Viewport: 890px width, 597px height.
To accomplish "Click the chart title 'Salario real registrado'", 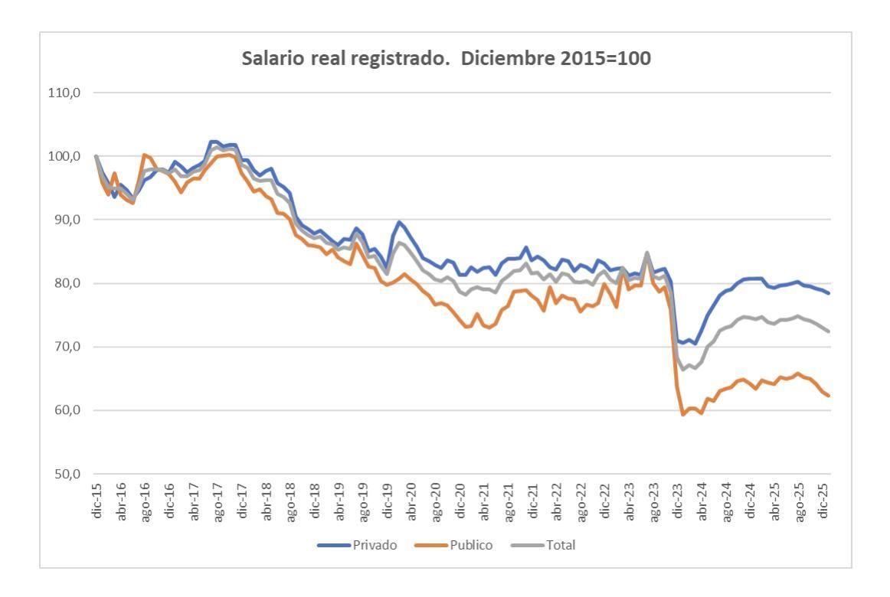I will click(x=447, y=59).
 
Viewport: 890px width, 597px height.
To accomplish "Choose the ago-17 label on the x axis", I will click(x=218, y=503).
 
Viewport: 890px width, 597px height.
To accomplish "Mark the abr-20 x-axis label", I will click(x=412, y=503).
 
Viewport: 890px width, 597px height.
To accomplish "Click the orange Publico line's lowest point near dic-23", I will click(x=683, y=414).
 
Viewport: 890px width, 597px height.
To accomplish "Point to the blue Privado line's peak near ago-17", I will click(x=213, y=142).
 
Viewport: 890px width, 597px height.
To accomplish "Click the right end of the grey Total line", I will click(x=829, y=331).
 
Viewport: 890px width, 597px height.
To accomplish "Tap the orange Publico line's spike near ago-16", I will click(x=144, y=155).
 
